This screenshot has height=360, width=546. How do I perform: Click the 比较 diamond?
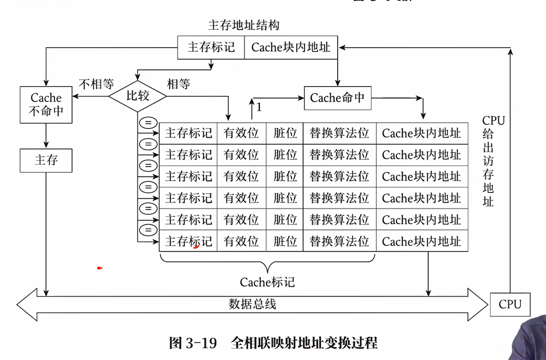pos(137,96)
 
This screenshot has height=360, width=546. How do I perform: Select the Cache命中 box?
pos(337,98)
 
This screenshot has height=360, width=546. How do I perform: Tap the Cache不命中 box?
pos(46,105)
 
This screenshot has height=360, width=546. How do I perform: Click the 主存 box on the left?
pos(46,160)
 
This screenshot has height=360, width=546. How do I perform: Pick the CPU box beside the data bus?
pos(510,305)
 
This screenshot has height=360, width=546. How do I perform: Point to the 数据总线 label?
pos(252,304)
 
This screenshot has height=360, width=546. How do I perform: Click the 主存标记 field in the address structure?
pos(211,48)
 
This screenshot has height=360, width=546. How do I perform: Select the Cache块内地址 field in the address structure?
pos(291,48)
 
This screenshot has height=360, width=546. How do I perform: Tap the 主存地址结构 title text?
pos(244,25)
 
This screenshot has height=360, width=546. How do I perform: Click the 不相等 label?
pos(96,84)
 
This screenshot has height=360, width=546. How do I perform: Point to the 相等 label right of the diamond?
pos(178,84)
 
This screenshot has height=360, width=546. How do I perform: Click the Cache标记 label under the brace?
pos(267,282)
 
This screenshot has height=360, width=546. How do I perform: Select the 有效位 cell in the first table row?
pos(241,133)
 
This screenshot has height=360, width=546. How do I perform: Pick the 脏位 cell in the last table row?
pos(285,241)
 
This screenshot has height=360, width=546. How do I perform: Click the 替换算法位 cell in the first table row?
pos(339,133)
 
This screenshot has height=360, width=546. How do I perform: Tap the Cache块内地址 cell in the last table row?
pos(422,241)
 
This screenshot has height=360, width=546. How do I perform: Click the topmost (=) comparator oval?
pos(148,122)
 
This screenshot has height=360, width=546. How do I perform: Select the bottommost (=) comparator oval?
pos(148,230)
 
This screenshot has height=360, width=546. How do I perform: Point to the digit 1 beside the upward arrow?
pos(259,108)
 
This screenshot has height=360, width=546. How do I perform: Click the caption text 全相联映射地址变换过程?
pos(304,343)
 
